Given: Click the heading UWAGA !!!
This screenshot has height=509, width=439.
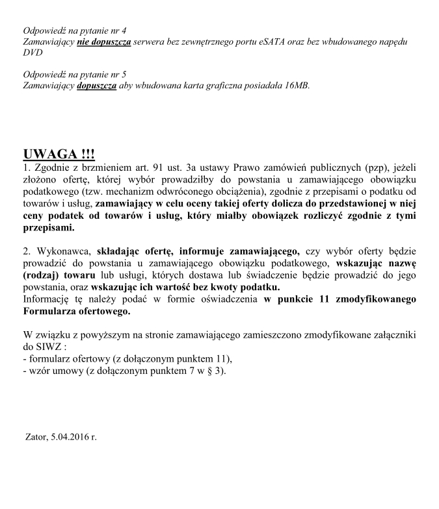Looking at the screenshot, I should [x=59, y=154].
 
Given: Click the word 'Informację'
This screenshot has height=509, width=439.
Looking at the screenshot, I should [x=46, y=299].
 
